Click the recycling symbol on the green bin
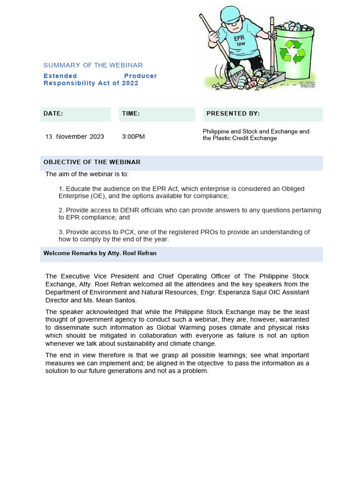pyautogui.click(x=292, y=52)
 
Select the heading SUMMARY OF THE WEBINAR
pyautogui.click(x=93, y=65)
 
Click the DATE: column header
pyautogui.click(x=53, y=113)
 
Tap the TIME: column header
pyautogui.click(x=131, y=113)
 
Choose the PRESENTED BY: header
pyautogui.click(x=233, y=113)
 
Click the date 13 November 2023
pyautogui.click(x=75, y=136)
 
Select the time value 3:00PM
pyautogui.click(x=133, y=136)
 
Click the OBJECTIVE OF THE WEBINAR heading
pyautogui.click(x=92, y=162)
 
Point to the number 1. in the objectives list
pyautogui.click(x=61, y=189)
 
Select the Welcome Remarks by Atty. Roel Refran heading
pyautogui.click(x=100, y=253)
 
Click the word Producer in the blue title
pyautogui.click(x=140, y=76)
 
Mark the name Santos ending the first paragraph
pyautogui.click(x=126, y=300)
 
